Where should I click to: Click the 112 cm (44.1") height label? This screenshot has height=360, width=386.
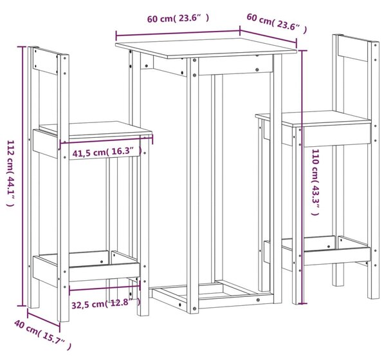click(x=10, y=173)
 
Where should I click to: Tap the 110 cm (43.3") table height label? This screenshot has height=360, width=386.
click(x=315, y=182)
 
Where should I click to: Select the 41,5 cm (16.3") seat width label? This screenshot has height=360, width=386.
click(x=107, y=152)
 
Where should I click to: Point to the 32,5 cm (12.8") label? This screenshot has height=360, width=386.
click(x=106, y=303)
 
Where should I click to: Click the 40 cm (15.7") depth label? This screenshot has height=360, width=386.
click(x=42, y=334)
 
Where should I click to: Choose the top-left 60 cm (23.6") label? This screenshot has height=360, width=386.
click(x=178, y=18)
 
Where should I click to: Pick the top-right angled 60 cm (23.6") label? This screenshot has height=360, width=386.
click(x=277, y=23)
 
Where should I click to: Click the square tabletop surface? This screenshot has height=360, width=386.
click(x=207, y=48)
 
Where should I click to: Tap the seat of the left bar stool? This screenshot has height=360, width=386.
click(x=95, y=129)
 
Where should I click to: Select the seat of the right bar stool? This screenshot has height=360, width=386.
click(x=313, y=118)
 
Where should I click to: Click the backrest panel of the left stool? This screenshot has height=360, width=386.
click(x=46, y=61)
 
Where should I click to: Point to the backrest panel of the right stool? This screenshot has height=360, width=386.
click(x=353, y=48)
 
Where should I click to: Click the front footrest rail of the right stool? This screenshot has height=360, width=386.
click(x=336, y=256)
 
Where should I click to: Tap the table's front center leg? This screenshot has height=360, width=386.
click(x=193, y=185)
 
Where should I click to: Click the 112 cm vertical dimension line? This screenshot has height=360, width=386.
click(x=24, y=176)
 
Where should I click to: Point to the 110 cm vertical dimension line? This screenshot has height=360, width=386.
click(x=302, y=176)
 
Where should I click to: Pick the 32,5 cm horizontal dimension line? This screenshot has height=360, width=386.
click(x=105, y=287)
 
